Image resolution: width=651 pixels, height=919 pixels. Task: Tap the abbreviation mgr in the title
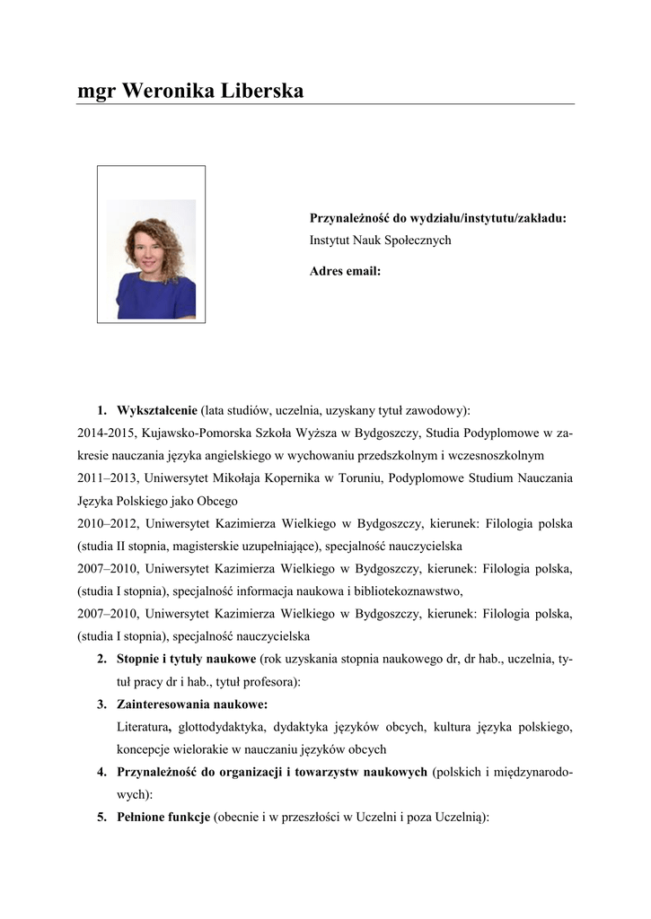(96, 92)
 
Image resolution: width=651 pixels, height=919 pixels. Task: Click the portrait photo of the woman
(151, 259)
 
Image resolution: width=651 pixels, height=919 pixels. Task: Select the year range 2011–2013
(107, 478)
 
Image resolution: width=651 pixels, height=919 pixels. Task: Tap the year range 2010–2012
(107, 523)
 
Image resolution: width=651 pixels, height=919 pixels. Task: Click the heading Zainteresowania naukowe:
(192, 704)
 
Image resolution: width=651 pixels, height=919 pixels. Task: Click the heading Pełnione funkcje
(163, 818)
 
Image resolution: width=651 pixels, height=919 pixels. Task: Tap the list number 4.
(102, 772)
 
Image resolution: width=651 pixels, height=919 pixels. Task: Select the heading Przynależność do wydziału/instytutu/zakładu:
(438, 218)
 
